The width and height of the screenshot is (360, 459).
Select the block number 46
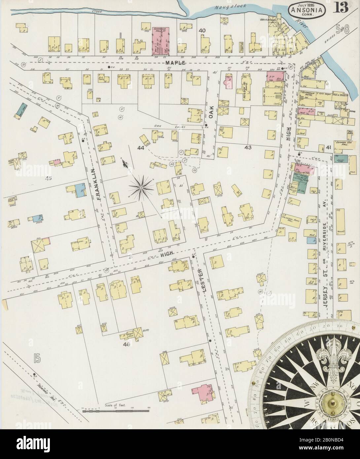click(126, 344)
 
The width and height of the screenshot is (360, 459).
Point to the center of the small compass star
click(141, 188)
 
